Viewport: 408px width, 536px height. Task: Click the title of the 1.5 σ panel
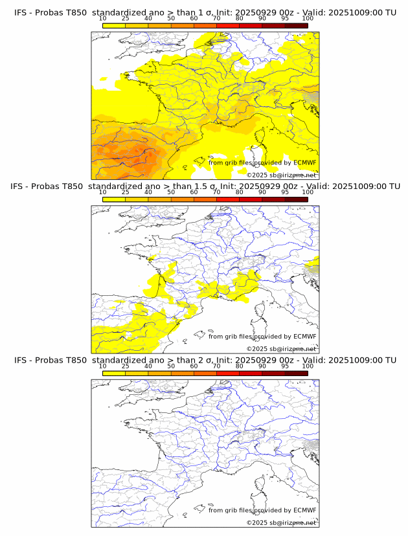[x=205, y=186]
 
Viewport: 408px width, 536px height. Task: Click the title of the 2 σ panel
[x=205, y=360]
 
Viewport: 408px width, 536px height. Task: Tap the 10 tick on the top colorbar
[x=103, y=19]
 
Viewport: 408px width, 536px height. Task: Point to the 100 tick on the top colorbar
[x=308, y=19]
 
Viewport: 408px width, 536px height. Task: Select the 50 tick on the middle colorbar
[x=171, y=192]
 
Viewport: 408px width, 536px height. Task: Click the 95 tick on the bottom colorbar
[x=285, y=366]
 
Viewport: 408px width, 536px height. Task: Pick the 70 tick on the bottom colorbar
[x=217, y=366]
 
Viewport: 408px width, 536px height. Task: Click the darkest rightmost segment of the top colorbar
[x=296, y=25]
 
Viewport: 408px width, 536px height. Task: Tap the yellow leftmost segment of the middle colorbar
[x=114, y=199]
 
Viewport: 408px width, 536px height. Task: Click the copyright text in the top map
[x=281, y=175]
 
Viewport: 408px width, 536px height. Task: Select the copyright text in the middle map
[x=281, y=348]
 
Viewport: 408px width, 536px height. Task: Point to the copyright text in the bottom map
[x=281, y=522]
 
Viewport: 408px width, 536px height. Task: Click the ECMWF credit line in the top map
[x=262, y=162]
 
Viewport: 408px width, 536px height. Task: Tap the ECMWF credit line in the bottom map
[x=262, y=510]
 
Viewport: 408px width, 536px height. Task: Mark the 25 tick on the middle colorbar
[x=126, y=192]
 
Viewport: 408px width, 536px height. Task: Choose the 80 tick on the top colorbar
[x=240, y=19]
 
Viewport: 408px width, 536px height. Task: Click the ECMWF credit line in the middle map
[x=262, y=336]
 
